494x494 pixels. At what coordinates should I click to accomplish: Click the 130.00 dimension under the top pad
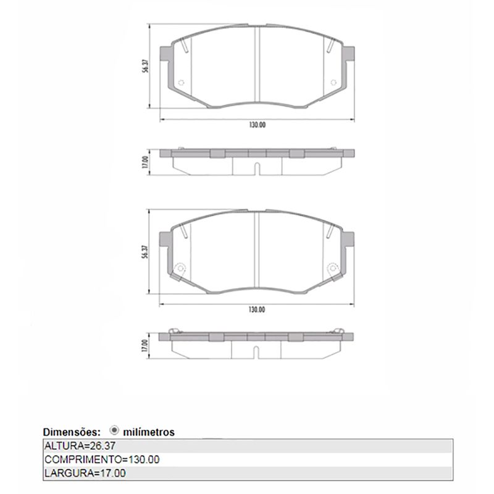257,125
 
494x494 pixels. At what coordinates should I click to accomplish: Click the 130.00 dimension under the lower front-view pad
257,309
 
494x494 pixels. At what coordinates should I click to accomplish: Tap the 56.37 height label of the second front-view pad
144,253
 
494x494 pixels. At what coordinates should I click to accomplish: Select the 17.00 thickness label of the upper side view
144,162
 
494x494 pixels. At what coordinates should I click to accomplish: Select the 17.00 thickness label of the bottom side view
144,346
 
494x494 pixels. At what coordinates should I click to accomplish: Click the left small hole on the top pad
180,84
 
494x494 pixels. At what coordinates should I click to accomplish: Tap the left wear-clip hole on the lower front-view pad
180,268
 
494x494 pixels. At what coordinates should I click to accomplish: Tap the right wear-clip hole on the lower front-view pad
333,268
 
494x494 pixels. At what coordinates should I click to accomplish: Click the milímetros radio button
115,431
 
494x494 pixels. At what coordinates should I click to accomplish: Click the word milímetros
149,432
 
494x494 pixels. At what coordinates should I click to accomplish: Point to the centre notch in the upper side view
256,167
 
